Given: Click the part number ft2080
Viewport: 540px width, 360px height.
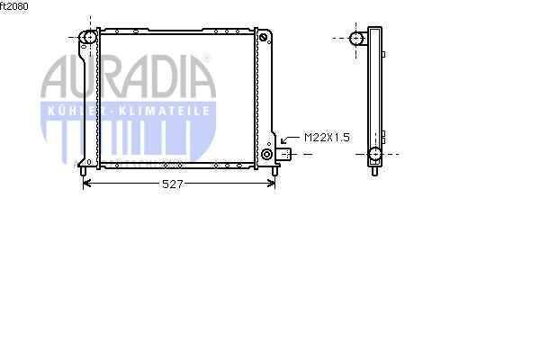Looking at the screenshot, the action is point(14,6).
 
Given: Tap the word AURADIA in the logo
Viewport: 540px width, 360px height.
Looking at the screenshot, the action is point(128,76).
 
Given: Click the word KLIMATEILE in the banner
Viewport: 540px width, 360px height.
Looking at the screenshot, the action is point(164,111).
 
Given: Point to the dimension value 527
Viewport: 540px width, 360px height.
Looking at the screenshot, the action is point(172,184).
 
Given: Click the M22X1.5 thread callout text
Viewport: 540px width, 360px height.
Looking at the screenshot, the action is point(327,138).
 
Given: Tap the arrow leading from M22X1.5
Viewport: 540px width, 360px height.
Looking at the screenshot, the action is point(290,139).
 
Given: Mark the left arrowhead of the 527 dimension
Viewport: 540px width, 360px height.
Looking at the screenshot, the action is point(86,184).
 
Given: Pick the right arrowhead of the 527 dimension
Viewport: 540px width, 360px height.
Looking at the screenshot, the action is point(272,184).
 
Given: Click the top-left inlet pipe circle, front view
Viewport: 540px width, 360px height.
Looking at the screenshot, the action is point(89,37).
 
